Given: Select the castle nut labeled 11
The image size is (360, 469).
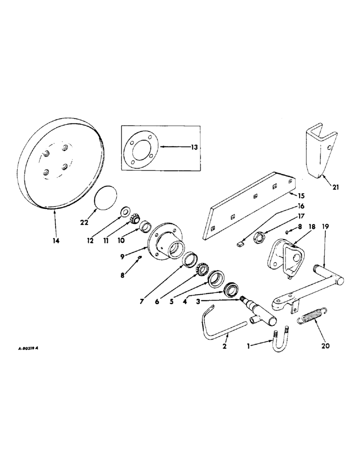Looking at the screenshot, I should point(133,219).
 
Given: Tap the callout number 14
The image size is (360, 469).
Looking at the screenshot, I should point(56,240).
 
